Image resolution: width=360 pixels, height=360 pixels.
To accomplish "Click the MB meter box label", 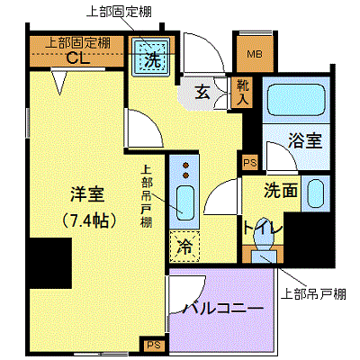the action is pyautogui.click(x=255, y=54).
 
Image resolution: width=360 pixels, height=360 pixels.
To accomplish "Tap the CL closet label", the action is pyautogui.click(x=78, y=58).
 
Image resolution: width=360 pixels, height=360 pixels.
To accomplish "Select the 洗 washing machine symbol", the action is pyautogui.click(x=152, y=56).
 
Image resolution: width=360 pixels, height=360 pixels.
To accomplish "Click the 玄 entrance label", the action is pyautogui.click(x=202, y=92).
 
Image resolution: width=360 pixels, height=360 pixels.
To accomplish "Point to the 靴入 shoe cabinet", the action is pyautogui.click(x=242, y=93).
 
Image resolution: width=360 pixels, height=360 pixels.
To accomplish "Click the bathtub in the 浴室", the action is pyautogui.click(x=296, y=100).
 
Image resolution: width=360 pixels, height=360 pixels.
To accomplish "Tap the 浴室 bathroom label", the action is pyautogui.click(x=305, y=140).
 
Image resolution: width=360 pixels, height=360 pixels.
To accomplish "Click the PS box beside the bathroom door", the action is pyautogui.click(x=249, y=162).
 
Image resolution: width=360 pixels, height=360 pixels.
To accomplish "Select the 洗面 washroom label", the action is pyautogui.click(x=281, y=191).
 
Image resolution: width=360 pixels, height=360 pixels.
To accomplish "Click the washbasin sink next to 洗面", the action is pyautogui.click(x=316, y=193).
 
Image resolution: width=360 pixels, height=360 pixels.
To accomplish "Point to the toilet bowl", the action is pyautogui.click(x=264, y=232).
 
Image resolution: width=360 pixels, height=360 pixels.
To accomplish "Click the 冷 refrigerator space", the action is pyautogui.click(x=184, y=247).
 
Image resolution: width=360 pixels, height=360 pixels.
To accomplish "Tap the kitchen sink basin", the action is pyautogui.click(x=184, y=203).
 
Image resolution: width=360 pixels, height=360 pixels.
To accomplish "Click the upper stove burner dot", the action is pyautogui.click(x=186, y=165).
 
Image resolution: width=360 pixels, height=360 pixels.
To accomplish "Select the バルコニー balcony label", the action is pyautogui.click(x=223, y=309).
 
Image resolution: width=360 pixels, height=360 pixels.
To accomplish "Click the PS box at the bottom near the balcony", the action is pyautogui.click(x=154, y=345).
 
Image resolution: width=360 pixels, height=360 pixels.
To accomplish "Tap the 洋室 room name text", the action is pyautogui.click(x=87, y=194).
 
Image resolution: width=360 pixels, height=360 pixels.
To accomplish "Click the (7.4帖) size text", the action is pyautogui.click(x=87, y=221).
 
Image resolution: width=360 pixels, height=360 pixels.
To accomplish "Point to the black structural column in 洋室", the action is pyautogui.click(x=50, y=264).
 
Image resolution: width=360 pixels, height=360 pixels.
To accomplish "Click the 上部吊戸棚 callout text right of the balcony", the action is pyautogui.click(x=313, y=294).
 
